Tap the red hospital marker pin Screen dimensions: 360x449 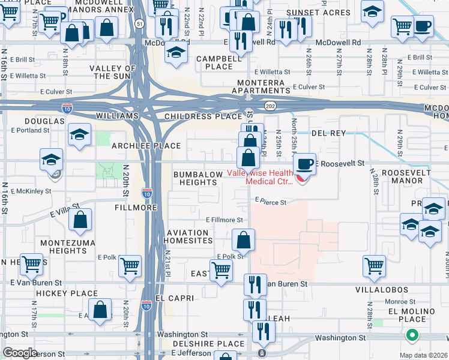(x=302, y=178)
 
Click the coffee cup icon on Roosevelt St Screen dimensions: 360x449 (x=305, y=163)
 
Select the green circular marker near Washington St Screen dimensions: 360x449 (x=412, y=335)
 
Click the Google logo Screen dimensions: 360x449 (x=20, y=353)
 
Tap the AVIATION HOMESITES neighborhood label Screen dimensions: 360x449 (x=190, y=236)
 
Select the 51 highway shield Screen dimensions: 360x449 (x=139, y=23)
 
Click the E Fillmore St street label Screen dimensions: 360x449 (x=224, y=220)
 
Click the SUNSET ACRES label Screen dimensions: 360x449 (x=327, y=13)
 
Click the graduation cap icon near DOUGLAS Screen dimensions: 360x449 (x=79, y=135)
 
